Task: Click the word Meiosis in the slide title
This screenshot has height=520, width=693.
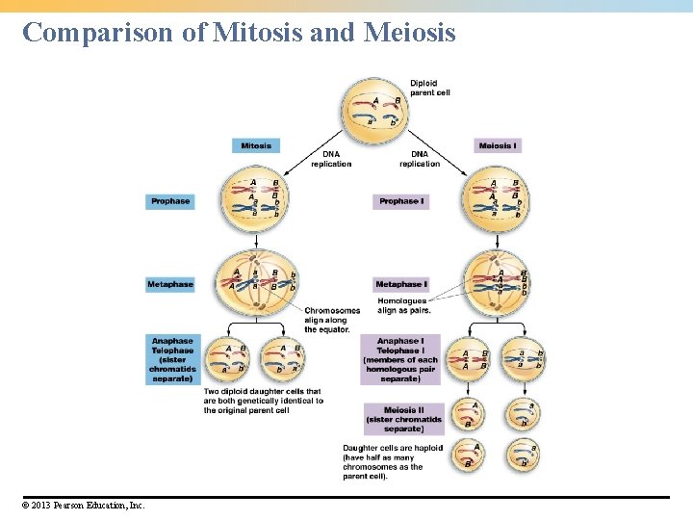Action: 410,33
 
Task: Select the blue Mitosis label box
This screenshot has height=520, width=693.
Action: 255,145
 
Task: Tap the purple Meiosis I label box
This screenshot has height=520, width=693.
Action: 498,145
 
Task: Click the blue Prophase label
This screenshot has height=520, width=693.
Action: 170,201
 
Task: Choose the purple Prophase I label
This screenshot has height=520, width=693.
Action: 400,201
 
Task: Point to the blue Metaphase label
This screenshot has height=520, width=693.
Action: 170,284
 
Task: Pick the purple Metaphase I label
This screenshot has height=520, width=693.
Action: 401,284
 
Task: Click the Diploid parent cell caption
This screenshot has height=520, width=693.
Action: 429,89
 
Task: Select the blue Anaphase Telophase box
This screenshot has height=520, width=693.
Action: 172,359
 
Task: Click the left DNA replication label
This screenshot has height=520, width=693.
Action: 331,159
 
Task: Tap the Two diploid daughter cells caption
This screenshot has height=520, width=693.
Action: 263,401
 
